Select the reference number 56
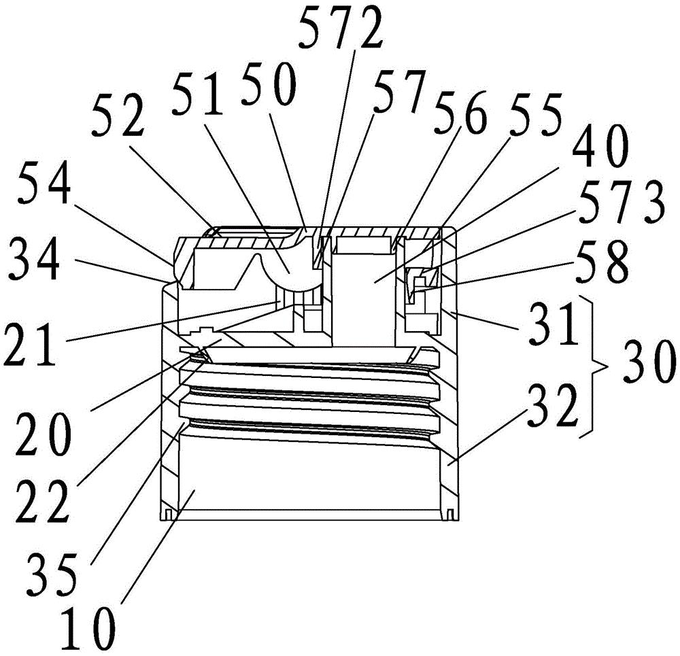coord(461,111)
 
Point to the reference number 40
coord(600,147)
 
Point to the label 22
coord(42,502)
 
